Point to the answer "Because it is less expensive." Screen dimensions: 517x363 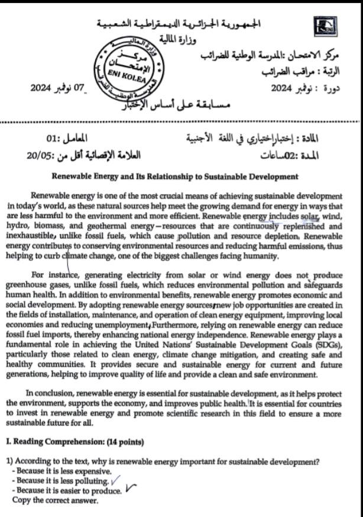click(61, 471)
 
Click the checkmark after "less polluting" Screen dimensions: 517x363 click(116, 481)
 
